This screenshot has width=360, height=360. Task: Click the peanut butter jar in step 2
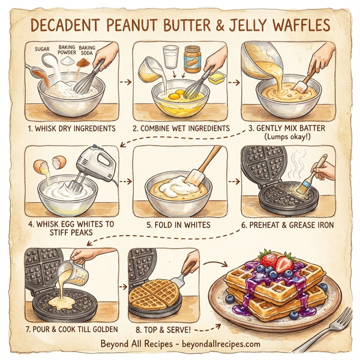pos(192,59)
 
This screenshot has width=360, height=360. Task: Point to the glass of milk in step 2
pos(170,59)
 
